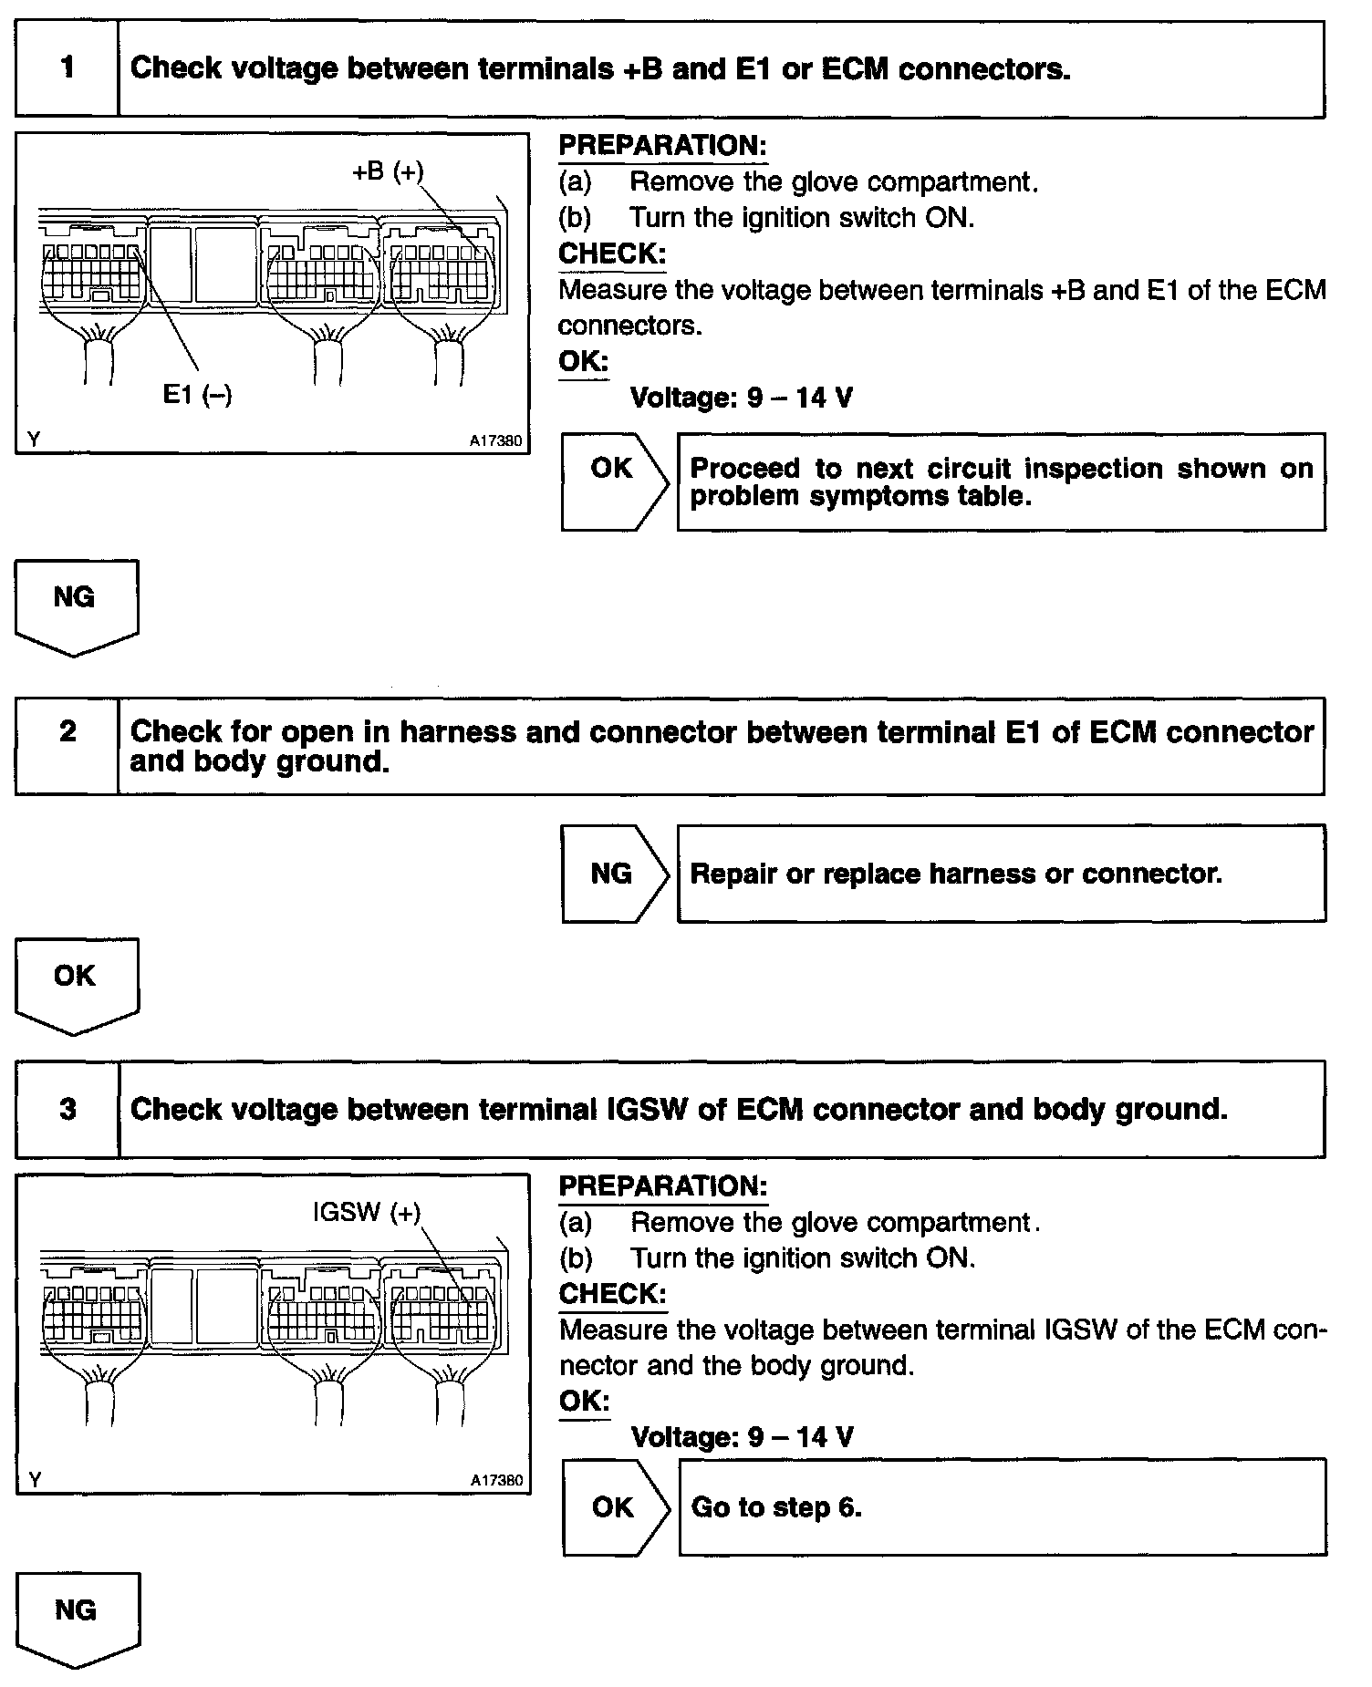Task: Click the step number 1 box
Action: [67, 68]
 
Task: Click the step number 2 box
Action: [67, 745]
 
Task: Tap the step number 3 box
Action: [68, 1109]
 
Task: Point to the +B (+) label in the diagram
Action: [388, 171]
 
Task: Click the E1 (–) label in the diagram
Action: [197, 394]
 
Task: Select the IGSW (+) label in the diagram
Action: [367, 1212]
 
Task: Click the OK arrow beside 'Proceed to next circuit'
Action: [613, 481]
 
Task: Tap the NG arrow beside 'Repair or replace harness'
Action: [613, 874]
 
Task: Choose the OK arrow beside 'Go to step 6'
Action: [614, 1507]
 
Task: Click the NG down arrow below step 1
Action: [76, 605]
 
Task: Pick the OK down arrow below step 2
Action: [76, 984]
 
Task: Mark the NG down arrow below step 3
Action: [77, 1619]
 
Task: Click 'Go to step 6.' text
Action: [776, 1507]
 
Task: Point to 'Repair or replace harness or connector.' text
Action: [955, 874]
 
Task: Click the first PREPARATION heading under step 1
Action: [662, 146]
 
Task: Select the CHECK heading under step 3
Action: [612, 1294]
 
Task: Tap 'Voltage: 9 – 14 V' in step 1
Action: [742, 398]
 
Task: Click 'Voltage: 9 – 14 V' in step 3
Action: [743, 1437]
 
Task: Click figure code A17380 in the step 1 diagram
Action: [496, 441]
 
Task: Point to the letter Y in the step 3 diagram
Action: [35, 1480]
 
